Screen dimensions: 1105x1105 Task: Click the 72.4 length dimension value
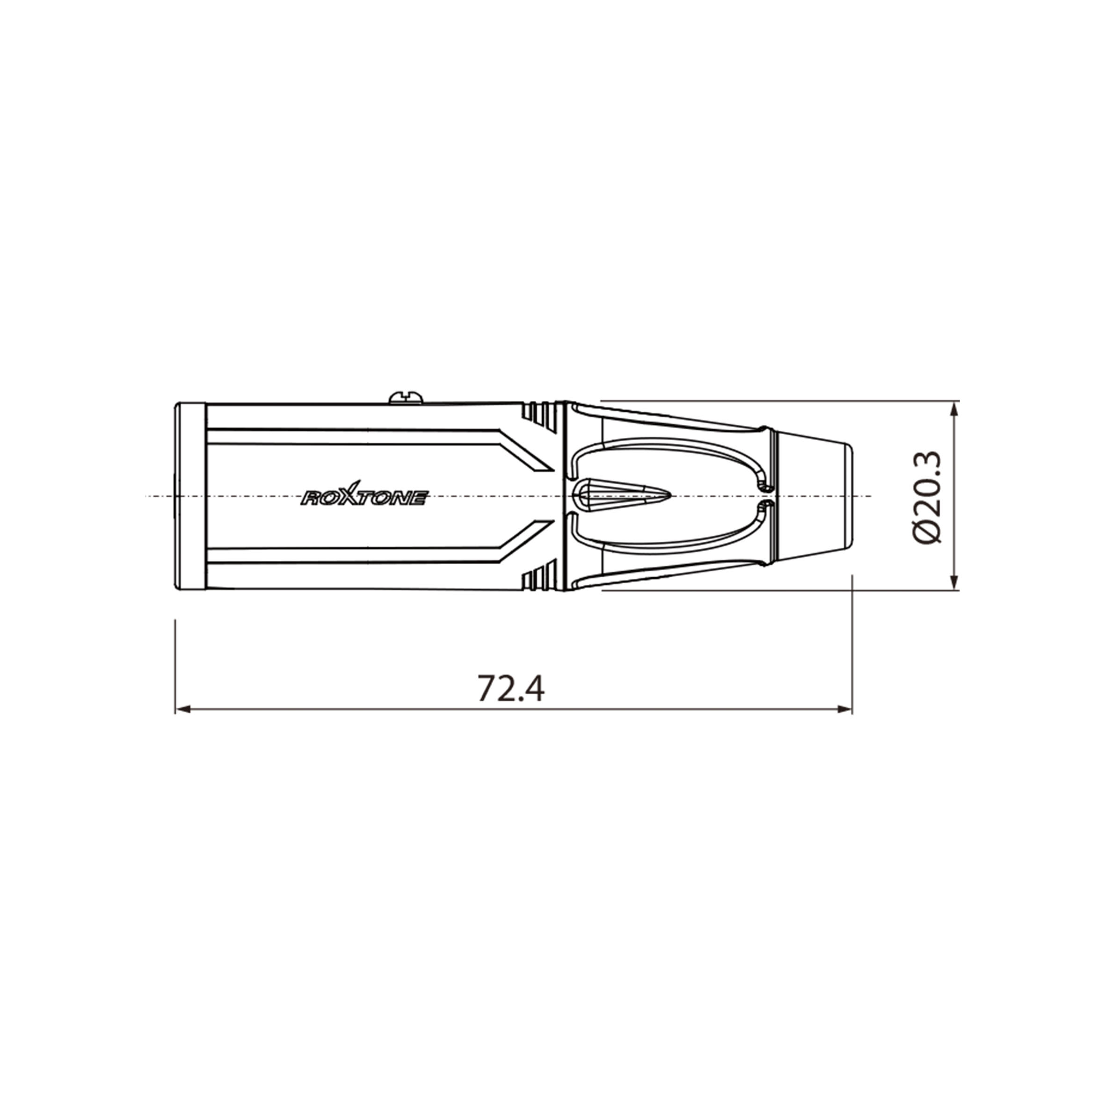tap(511, 688)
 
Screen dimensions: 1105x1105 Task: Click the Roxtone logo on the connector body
tap(364, 495)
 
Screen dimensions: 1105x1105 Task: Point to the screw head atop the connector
tap(406, 397)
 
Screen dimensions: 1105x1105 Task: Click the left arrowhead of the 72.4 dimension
tap(182, 709)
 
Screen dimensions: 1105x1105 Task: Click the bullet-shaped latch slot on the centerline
tap(620, 495)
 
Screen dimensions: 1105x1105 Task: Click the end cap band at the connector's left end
tap(190, 496)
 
